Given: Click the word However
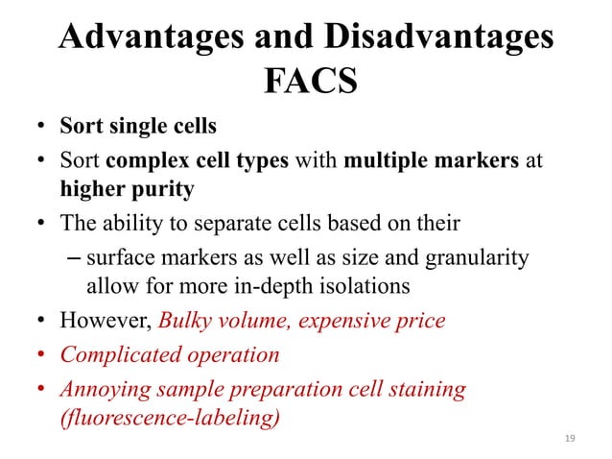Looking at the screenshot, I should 103,320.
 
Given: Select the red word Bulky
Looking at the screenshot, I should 186,320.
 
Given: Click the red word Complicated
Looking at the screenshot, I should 116,354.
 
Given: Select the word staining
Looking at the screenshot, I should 428,389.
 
